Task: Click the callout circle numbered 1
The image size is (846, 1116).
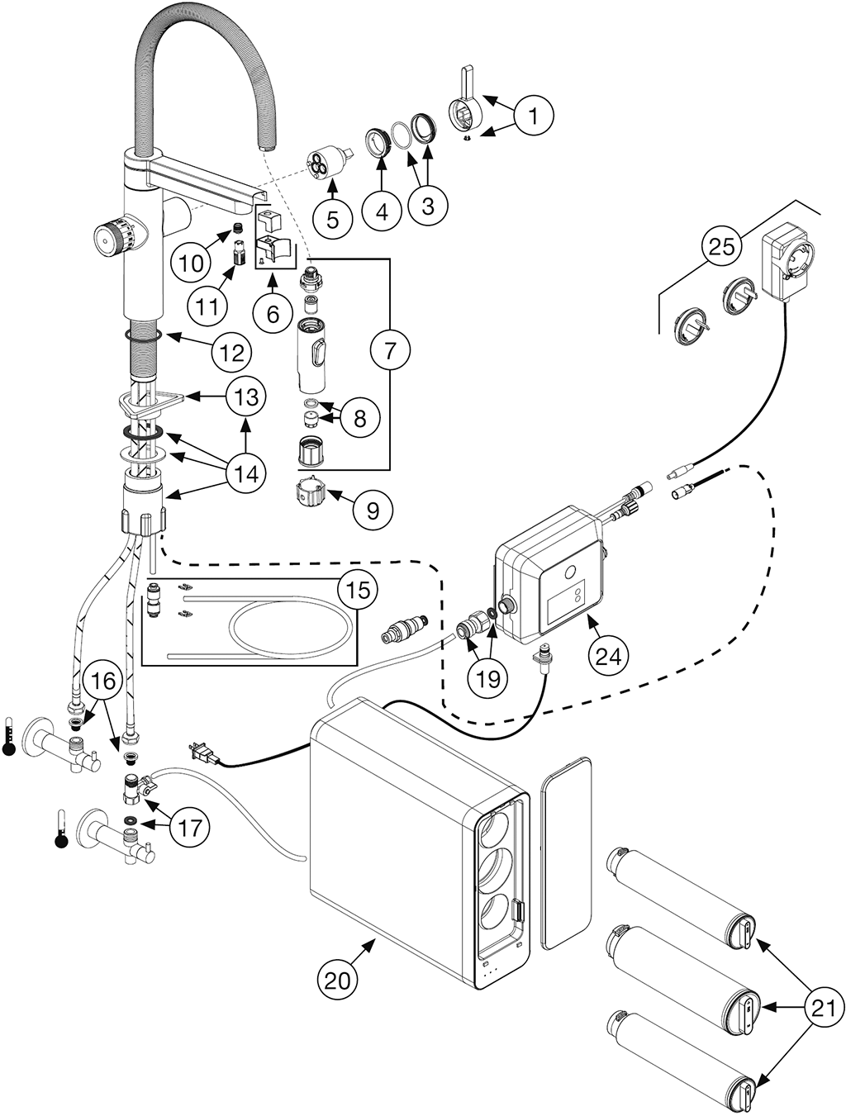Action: click(x=533, y=116)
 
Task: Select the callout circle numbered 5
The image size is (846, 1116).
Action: click(x=332, y=219)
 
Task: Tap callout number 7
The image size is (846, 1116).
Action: click(x=390, y=349)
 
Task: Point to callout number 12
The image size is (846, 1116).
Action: click(x=231, y=353)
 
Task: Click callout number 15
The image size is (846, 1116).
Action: click(x=357, y=590)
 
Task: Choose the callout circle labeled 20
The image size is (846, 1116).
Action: click(x=338, y=980)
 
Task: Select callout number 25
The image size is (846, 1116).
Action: click(x=722, y=247)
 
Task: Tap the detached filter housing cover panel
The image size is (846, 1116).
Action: click(x=567, y=852)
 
